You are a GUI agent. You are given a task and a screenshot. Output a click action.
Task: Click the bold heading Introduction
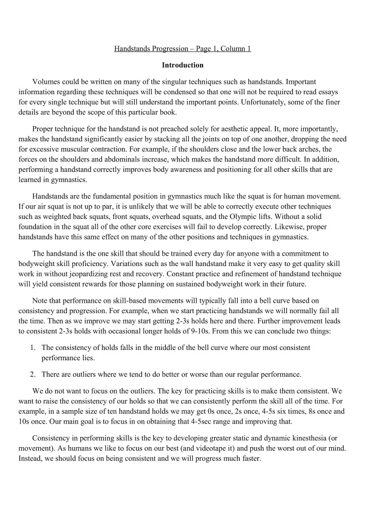click(182, 65)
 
